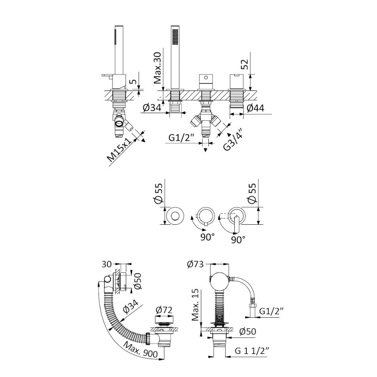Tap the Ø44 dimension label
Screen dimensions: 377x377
point(255,108)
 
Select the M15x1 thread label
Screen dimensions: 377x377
point(120,149)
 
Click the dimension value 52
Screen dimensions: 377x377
point(244,64)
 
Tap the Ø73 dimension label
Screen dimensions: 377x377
point(195,264)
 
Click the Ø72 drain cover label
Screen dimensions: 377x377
point(164,310)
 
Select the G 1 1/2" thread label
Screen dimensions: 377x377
point(252,351)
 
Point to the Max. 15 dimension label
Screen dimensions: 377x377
point(196,304)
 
